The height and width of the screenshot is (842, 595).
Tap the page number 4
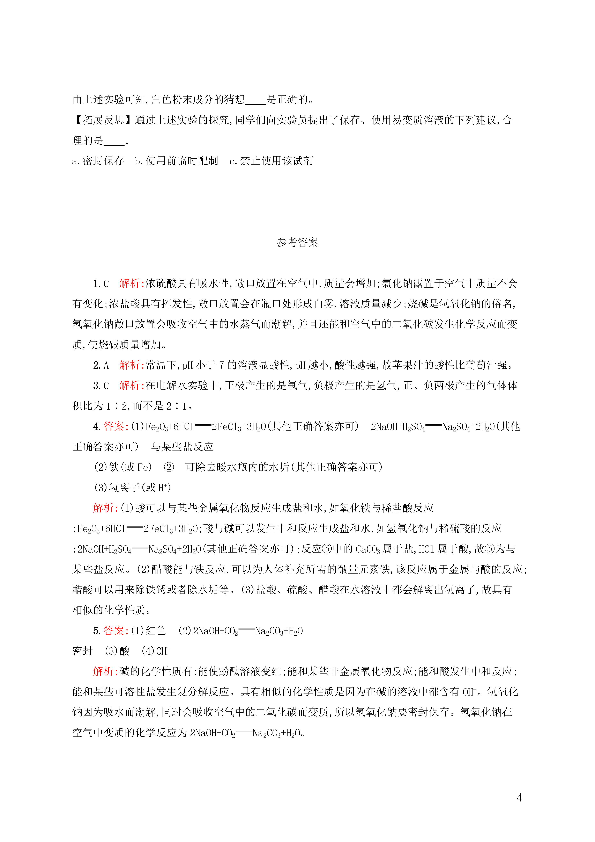(519, 798)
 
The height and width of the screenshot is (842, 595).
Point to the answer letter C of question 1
(106, 283)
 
